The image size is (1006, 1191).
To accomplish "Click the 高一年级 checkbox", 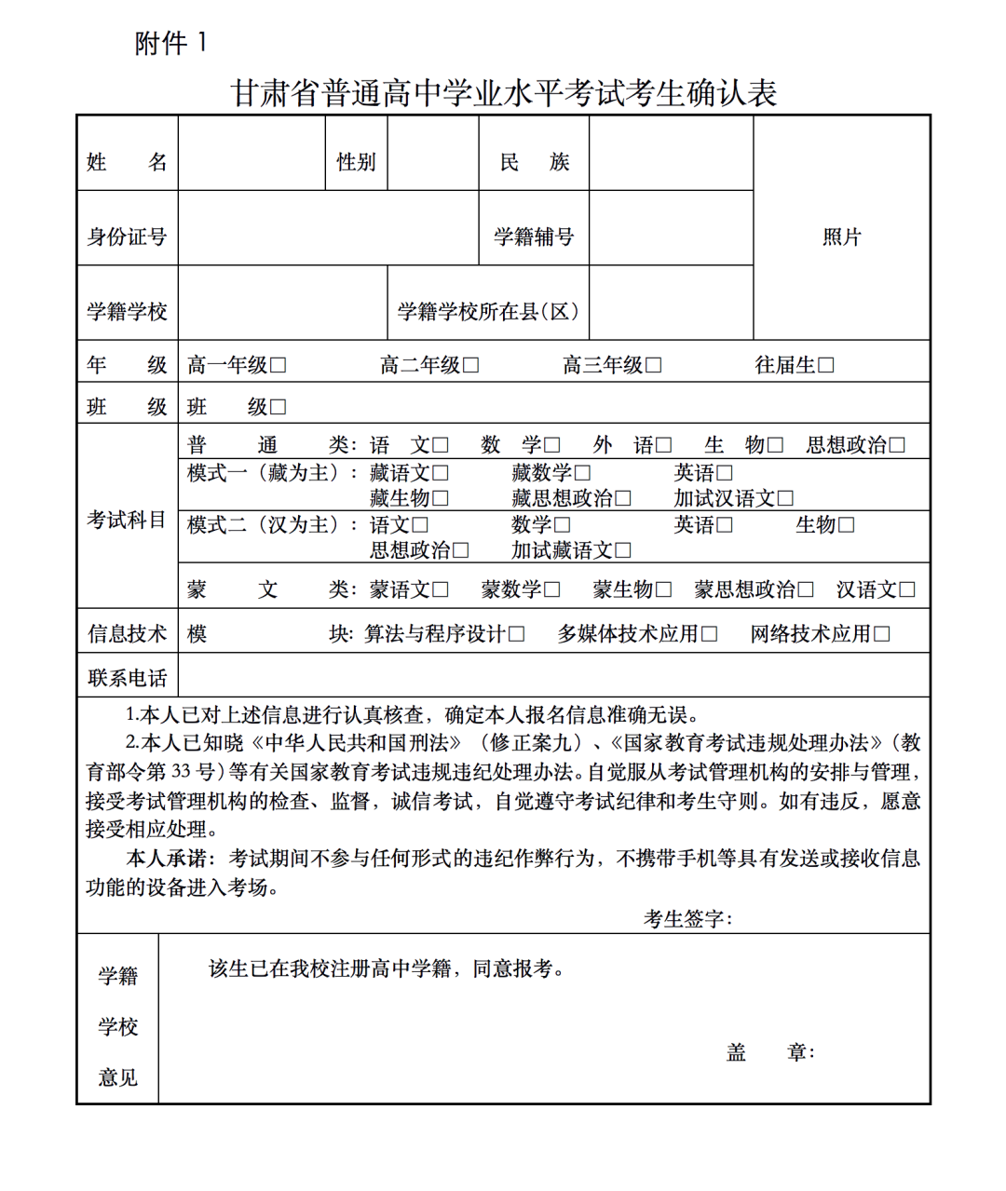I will point(278,365).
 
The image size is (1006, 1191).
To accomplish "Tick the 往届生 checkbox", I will point(825,365).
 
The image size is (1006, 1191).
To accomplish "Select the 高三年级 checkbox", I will point(653,365).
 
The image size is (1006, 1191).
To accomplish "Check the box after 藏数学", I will point(582,473).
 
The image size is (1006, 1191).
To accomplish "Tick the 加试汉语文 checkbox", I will point(785,498).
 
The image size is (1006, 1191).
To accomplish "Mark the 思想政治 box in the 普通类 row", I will point(896,445).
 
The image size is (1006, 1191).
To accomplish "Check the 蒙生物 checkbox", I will point(662,589).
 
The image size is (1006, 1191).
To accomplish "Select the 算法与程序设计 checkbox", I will point(516,634).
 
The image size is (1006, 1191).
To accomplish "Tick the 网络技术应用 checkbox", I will point(881,634).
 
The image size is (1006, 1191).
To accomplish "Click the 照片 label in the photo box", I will point(841,237).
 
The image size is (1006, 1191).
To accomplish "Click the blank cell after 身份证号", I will point(328,229).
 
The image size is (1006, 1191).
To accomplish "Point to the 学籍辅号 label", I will point(534,237).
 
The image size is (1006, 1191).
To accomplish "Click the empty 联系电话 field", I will point(553,675).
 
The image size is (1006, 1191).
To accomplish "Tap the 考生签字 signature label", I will point(687,919).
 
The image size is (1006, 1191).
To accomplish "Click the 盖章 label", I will point(769,1052).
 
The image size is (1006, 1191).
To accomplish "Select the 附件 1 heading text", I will point(171,43).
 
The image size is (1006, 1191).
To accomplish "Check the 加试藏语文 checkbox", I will point(622,550).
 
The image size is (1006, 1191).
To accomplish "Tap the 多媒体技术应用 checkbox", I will point(709,634).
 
